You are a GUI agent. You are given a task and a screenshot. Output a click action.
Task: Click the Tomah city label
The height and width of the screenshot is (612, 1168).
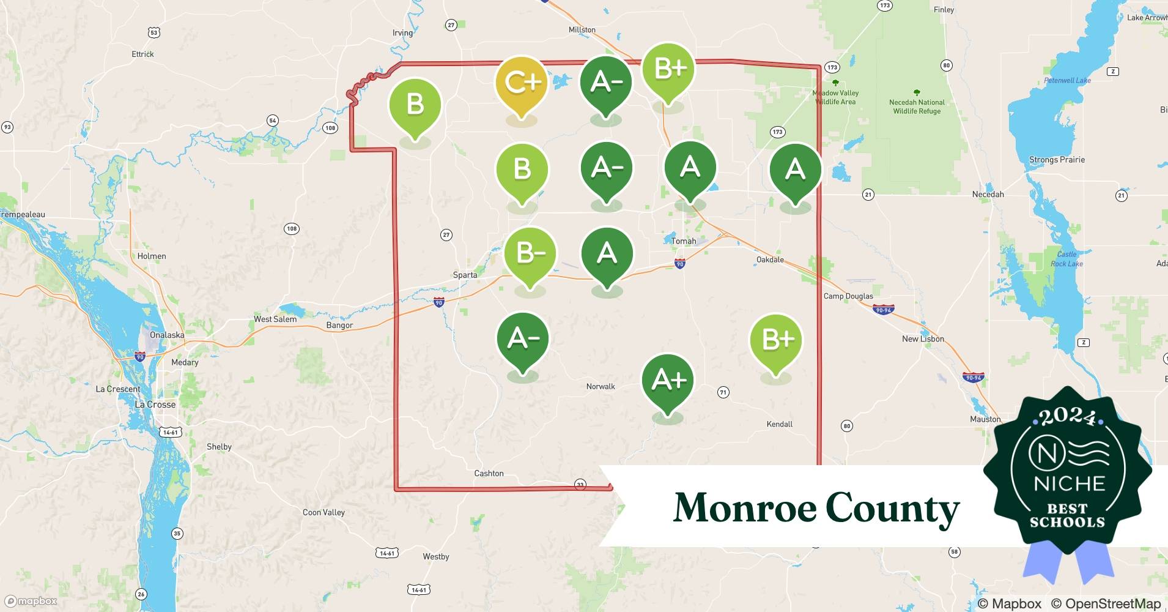pos(684,241)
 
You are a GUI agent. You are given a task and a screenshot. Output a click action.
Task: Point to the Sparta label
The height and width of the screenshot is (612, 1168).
pos(465,275)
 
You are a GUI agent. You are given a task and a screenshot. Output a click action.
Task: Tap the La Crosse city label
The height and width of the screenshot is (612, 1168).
pos(155,405)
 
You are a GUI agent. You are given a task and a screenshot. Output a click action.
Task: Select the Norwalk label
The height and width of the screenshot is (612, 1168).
pos(601,386)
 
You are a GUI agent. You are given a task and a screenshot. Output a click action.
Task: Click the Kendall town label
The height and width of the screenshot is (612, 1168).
pos(779,424)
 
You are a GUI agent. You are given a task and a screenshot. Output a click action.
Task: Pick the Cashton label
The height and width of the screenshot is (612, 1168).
pos(489,473)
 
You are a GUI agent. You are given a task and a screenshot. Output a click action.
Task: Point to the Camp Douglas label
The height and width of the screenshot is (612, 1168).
pos(848,296)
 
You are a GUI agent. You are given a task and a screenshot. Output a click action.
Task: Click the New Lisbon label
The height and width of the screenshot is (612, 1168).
pos(923,338)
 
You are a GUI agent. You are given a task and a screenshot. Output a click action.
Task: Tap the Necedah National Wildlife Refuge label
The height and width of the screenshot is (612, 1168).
pos(917,106)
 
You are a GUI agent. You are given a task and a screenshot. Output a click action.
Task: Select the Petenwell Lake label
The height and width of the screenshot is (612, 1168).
pos(1067,80)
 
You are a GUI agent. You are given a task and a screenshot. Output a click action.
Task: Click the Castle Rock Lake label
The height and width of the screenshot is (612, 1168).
pos(1066,259)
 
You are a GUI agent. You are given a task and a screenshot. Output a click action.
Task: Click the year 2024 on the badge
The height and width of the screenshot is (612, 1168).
pos(1068,416)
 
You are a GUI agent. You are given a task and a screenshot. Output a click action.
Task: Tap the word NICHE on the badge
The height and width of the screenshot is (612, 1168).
pos(1069,483)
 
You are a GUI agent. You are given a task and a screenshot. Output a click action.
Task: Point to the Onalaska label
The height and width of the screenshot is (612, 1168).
pos(167,335)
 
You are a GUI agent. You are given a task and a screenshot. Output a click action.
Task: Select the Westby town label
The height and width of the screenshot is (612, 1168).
pos(436,556)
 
